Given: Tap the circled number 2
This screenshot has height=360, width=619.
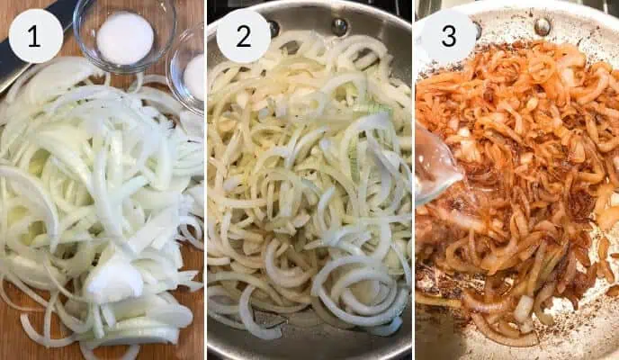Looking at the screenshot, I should click(x=244, y=36).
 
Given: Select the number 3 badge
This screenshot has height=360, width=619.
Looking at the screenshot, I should click(x=448, y=36).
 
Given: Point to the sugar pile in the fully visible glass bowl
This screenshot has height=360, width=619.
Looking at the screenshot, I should click(x=124, y=38).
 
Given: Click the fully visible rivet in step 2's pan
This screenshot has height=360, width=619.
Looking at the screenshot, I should click(x=339, y=26).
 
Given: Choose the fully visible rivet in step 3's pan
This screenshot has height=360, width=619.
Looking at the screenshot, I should click(x=543, y=26).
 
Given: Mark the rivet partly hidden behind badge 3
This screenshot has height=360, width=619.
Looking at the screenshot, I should click(x=478, y=27).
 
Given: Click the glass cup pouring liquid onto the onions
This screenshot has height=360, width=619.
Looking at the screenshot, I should click(x=435, y=166).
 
